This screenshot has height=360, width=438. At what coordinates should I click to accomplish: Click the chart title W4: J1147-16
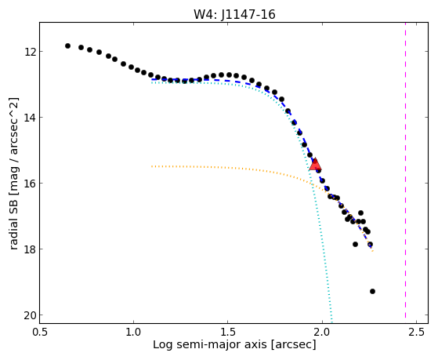pos(234,14)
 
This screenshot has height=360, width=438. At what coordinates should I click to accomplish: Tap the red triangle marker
pos(315,164)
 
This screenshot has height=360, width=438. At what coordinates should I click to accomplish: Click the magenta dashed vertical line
pos(405,173)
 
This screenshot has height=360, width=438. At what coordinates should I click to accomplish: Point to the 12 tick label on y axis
pos(29,52)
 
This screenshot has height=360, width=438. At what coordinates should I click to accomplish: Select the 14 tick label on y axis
pos(29,117)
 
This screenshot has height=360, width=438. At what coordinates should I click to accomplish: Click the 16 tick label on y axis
pos(29,184)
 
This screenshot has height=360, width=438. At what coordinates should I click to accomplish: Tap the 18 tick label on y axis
pos(29,249)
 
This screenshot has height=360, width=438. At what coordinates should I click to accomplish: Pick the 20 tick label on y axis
pos(29,315)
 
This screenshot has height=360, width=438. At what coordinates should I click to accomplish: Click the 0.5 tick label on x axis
pos(40,332)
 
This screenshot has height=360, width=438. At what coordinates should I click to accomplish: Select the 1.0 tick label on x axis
pos(134,332)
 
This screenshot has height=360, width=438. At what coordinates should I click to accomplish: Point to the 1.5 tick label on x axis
pos(228,332)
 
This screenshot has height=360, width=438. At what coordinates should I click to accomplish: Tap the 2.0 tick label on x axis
pos(322,332)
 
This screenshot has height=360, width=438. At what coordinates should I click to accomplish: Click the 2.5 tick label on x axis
pos(417,332)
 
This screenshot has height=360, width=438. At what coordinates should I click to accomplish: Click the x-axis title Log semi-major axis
pos(210,345)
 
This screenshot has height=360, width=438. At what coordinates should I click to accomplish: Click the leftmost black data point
pos(67,45)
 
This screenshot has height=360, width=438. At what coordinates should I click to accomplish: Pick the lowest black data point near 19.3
pos(372,292)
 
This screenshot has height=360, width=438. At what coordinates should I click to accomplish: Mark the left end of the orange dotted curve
pos(152,166)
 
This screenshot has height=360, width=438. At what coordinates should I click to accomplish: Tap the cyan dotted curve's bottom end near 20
pos(331,322)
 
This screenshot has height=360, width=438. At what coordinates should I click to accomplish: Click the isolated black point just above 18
pos(355,244)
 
